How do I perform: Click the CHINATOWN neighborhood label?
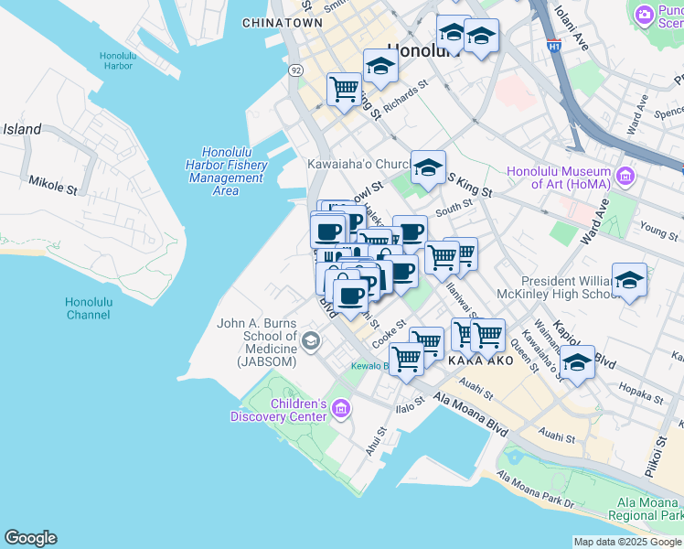tap(283, 22)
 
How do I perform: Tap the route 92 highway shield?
tap(294, 70)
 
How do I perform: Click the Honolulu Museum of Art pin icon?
tap(626, 174)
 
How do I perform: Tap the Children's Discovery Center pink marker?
tap(342, 408)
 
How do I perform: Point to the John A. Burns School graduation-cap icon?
tap(312, 342)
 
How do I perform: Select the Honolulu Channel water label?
tap(89, 308)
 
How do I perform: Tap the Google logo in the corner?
tap(30, 538)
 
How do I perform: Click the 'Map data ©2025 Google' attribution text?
tap(627, 542)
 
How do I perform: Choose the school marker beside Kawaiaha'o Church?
tap(427, 167)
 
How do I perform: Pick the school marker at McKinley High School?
tap(629, 280)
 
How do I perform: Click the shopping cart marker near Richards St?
tap(344, 90)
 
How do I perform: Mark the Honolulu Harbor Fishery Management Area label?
tap(224, 171)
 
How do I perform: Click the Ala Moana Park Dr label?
tap(534, 490)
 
